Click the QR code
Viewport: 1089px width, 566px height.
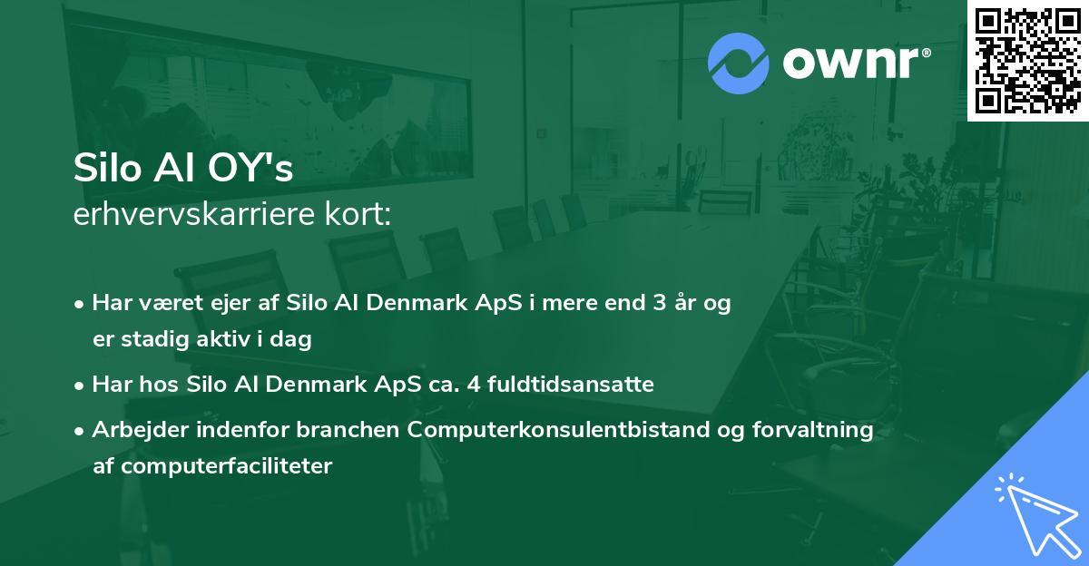point(1027,60)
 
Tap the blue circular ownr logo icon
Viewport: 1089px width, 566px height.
point(739,63)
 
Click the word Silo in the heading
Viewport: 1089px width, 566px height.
point(103,169)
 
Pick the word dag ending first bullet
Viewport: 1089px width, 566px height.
point(294,339)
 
